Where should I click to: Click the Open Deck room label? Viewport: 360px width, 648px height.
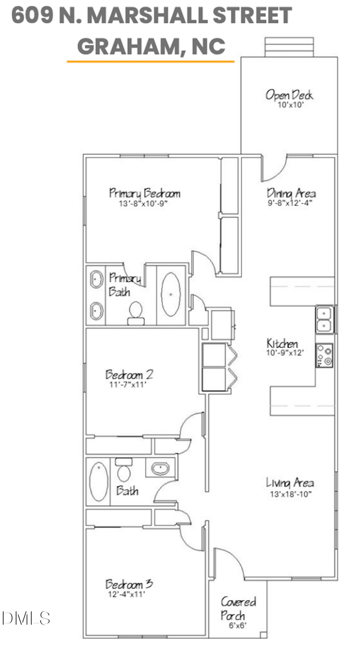[289, 95]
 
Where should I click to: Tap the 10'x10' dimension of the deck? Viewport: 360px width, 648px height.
[289, 105]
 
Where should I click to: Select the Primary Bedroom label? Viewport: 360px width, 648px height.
[144, 193]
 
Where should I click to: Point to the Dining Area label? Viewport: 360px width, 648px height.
[291, 193]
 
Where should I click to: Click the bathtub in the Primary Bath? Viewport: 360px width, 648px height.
[171, 294]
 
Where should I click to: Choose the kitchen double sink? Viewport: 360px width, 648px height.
[324, 319]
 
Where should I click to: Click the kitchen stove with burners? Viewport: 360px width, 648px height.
[324, 355]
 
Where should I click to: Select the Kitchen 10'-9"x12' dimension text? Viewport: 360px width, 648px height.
[282, 353]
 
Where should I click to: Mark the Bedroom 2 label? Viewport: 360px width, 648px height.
[130, 374]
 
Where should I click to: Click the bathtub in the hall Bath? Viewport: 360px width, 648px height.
[97, 481]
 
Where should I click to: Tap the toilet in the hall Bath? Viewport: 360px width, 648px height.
[124, 470]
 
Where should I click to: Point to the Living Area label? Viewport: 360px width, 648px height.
[290, 483]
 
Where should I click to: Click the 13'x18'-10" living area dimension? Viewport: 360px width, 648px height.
[290, 493]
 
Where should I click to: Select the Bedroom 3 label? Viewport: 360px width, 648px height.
[129, 584]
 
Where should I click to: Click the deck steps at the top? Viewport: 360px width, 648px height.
[288, 47]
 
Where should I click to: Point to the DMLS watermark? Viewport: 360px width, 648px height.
[26, 618]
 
